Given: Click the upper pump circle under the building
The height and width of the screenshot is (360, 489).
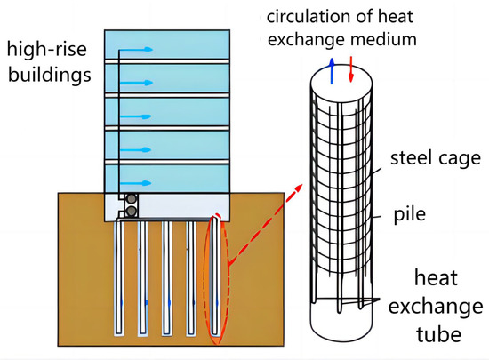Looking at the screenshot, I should click(x=131, y=200).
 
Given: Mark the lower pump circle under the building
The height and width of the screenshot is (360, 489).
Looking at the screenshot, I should click(x=131, y=212).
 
